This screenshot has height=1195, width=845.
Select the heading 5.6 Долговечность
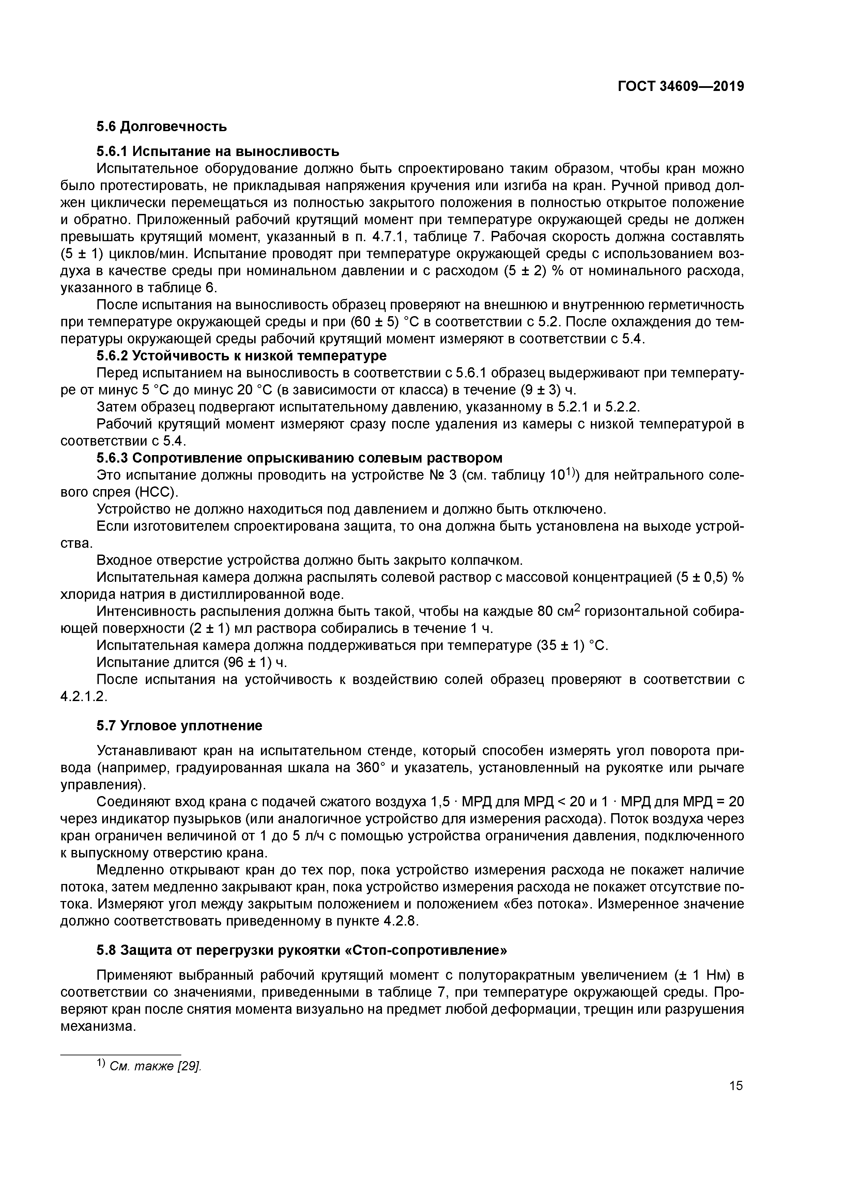tap(162, 126)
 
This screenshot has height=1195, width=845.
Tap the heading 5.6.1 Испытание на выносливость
tap(218, 152)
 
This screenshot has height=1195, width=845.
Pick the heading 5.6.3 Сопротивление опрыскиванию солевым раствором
tap(299, 458)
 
